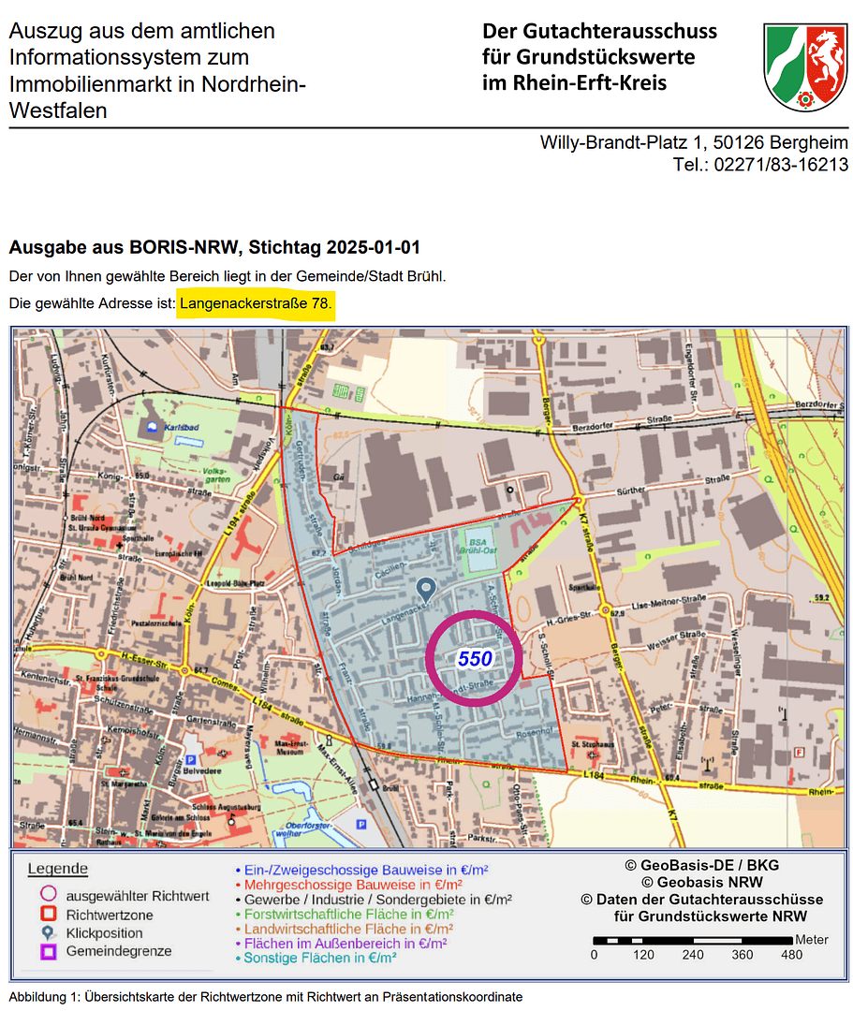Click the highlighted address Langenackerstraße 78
click(256, 304)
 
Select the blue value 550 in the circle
click(475, 659)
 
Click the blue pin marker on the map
click(425, 590)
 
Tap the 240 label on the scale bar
click(694, 955)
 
